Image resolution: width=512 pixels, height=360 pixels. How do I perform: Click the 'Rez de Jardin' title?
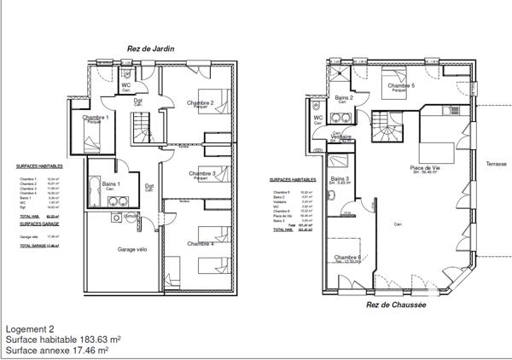tap(150, 49)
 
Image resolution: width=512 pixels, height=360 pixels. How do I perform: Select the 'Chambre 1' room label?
tap(93, 117)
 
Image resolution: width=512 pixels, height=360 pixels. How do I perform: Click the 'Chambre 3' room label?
tap(201, 173)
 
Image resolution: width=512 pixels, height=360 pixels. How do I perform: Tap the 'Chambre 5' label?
tap(401, 86)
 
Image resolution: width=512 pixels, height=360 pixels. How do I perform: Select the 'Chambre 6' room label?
tap(347, 258)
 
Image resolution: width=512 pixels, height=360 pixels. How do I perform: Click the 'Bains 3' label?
tap(340, 178)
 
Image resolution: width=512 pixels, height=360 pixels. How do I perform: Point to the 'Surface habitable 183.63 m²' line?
tap(62, 339)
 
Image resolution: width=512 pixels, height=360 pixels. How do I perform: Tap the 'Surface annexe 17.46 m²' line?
tap(56, 349)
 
